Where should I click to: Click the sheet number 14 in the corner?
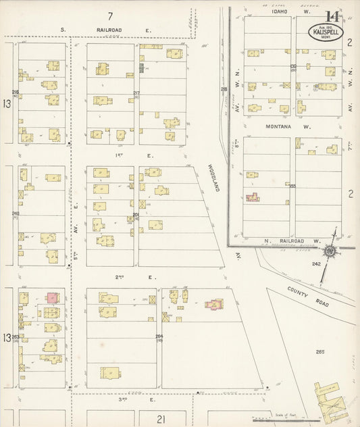pyautogui.click(x=332, y=17)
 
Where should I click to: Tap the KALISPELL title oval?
pyautogui.click(x=327, y=32)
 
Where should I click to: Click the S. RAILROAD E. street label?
pyautogui.click(x=107, y=30)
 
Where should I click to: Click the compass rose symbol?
pyautogui.click(x=331, y=251)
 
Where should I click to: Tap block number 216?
pyautogui.click(x=15, y=92)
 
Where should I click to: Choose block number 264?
pyautogui.click(x=159, y=336)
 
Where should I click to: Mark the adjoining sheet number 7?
pyautogui.click(x=109, y=15)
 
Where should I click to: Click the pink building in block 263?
pyautogui.click(x=51, y=298)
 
